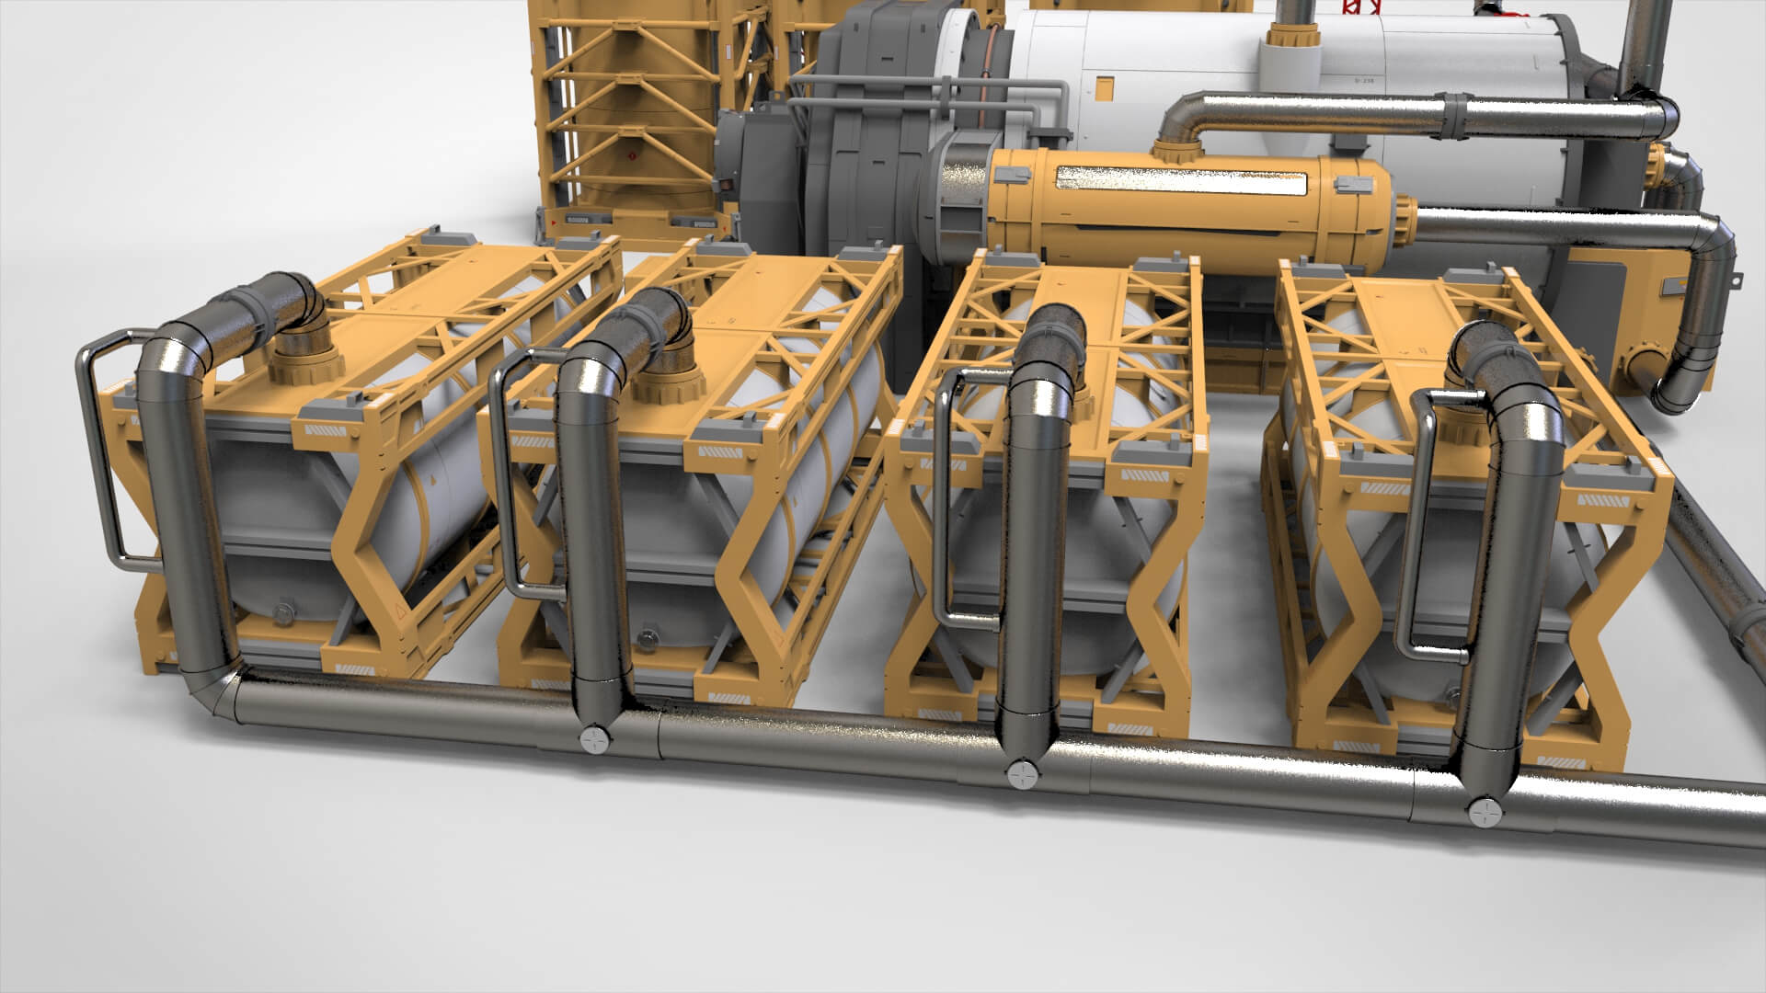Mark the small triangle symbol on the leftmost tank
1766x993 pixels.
[x=399, y=611]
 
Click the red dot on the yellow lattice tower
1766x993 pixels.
[x=633, y=157]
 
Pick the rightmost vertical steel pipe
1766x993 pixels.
[x=1518, y=598]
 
